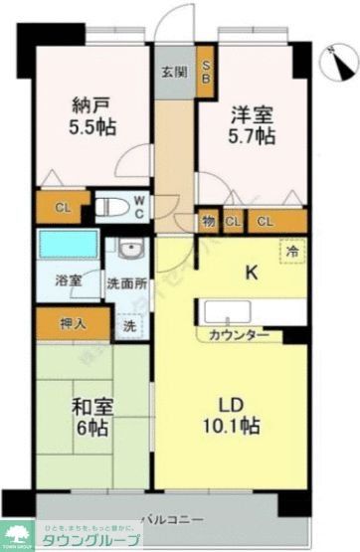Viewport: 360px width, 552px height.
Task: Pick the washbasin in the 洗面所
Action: coord(129,252)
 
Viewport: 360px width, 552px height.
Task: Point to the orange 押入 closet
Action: coord(72,322)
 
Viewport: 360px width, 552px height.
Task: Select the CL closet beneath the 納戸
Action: coord(62,208)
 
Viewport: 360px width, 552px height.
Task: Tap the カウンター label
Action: coord(239,335)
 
